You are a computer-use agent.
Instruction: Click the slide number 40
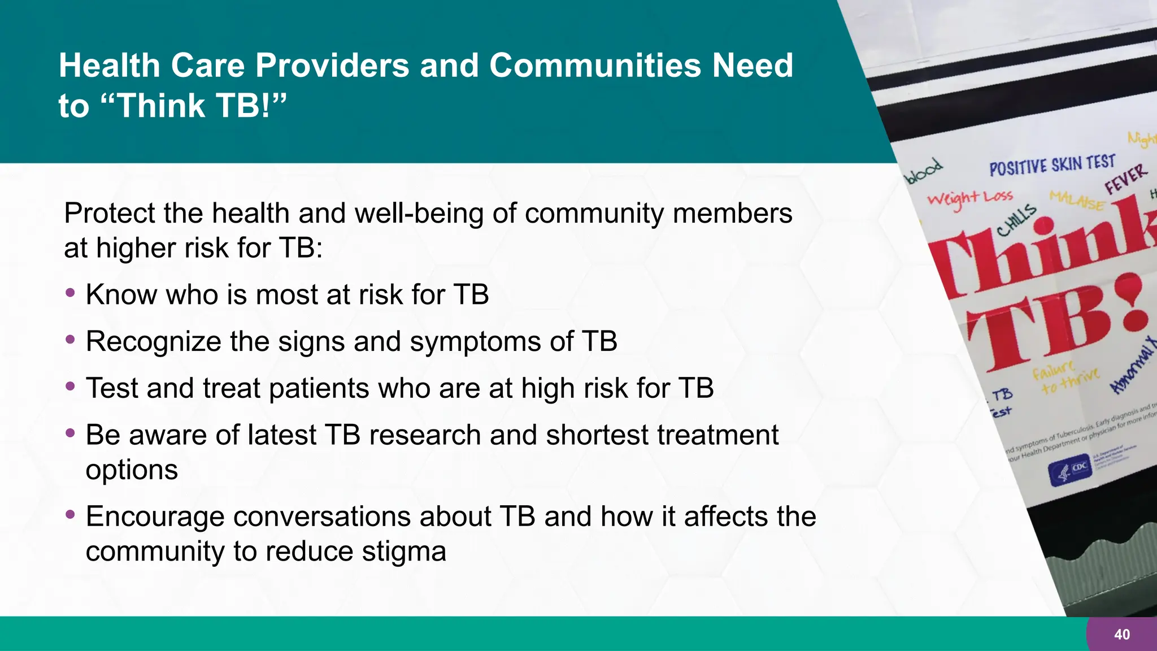(1122, 635)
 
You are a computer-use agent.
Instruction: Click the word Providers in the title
(333, 66)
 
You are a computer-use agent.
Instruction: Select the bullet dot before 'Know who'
(70, 293)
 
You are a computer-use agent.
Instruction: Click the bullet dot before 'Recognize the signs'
(70, 340)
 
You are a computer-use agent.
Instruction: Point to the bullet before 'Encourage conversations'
(70, 515)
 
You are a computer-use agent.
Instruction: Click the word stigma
(404, 551)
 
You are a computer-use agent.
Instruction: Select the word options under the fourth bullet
(132, 470)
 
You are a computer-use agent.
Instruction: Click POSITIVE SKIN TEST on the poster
(1052, 166)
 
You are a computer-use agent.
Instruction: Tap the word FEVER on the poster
(1126, 179)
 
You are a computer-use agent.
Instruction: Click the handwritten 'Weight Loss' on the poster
(970, 198)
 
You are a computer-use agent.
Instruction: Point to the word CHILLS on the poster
(1016, 220)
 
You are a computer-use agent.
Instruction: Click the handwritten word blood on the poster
(924, 171)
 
